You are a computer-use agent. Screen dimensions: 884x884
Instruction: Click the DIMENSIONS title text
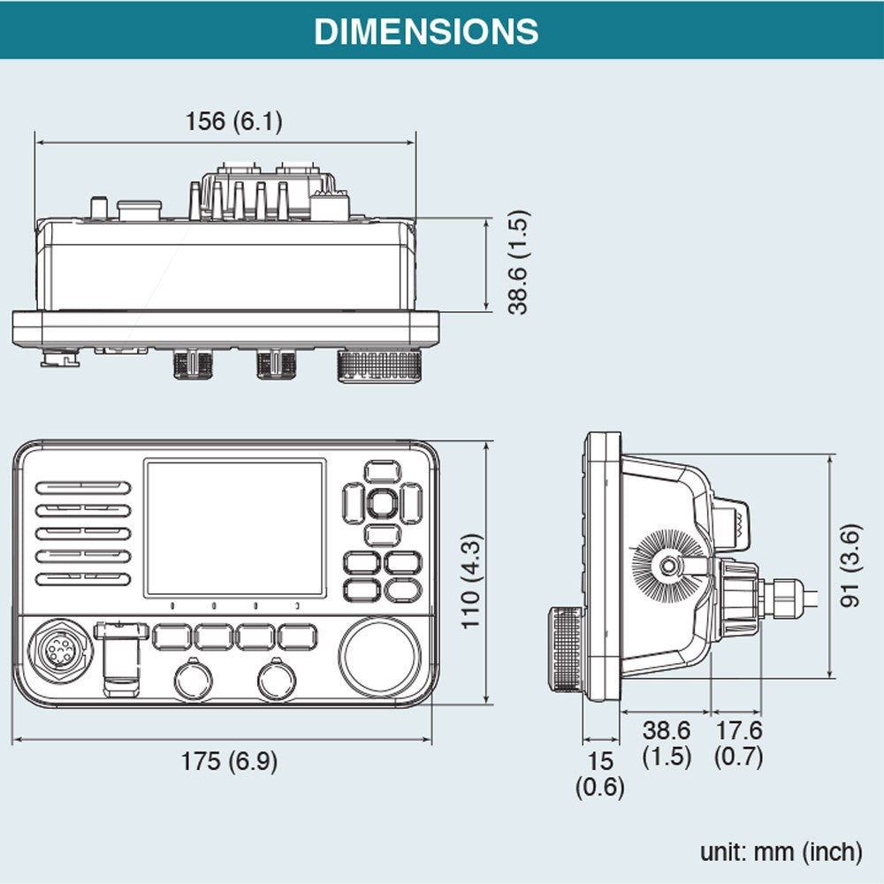(426, 31)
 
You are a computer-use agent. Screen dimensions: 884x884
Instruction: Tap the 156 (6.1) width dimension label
(233, 121)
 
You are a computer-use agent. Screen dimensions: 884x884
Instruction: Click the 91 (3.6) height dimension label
(851, 567)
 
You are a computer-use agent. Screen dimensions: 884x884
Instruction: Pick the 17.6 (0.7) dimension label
(738, 743)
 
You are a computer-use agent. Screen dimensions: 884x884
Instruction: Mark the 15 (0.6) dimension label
(600, 773)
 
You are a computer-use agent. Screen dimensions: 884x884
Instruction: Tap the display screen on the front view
(234, 528)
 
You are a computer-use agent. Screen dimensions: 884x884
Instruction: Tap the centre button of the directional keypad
(381, 503)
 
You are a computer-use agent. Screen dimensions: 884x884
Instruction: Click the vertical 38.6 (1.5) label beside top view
(517, 262)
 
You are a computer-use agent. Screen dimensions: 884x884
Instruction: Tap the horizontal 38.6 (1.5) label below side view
(666, 743)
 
